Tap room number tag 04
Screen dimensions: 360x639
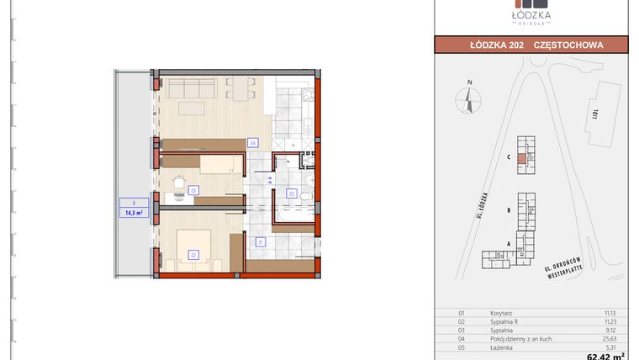252,143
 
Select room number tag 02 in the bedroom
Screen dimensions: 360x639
193,254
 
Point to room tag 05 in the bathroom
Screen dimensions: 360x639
292,194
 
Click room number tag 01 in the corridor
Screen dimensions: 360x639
261,242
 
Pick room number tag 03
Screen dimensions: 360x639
193,191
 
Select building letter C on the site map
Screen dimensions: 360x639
510,156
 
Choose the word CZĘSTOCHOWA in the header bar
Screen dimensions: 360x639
579,45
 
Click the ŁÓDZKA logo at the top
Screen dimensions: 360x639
531,14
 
